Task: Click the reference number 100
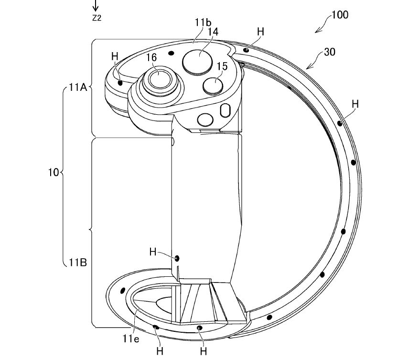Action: (340, 14)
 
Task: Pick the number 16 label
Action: (151, 57)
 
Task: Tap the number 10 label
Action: (54, 172)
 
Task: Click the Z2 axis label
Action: (97, 19)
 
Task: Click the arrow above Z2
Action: (96, 6)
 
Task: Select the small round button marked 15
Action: (213, 85)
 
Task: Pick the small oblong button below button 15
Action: (225, 110)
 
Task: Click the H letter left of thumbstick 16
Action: (115, 56)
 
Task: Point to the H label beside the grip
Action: (153, 251)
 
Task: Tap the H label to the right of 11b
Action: (260, 32)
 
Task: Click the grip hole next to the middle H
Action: (178, 258)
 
